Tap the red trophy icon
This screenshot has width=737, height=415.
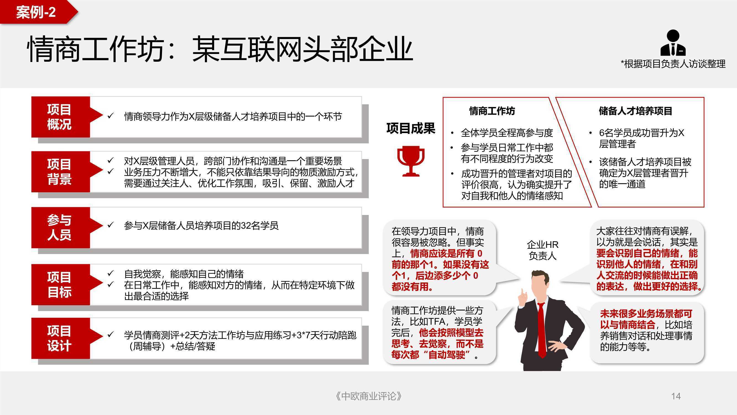click(411, 161)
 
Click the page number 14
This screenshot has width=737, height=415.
click(676, 396)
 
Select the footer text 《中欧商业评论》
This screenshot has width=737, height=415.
click(368, 396)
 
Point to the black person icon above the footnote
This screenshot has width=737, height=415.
click(673, 43)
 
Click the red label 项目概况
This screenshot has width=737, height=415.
click(59, 117)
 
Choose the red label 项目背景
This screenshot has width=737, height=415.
click(59, 172)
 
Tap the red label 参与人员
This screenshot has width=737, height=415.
click(59, 228)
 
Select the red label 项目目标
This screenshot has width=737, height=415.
click(59, 285)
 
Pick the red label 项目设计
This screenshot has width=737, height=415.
click(59, 338)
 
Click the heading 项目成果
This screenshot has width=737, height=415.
click(411, 128)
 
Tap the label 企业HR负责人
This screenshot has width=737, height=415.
click(542, 250)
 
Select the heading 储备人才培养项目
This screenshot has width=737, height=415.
click(636, 111)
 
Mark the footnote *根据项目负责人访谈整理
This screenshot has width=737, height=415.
click(673, 64)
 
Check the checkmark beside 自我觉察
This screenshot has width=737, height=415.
click(110, 274)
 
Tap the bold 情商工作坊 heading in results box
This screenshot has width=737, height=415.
click(492, 111)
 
